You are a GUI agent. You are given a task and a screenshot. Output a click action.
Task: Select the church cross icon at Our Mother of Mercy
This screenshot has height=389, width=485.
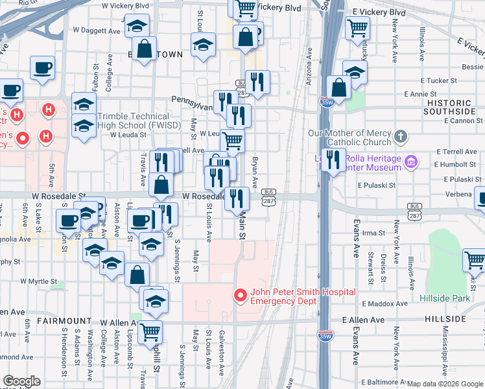[401, 137]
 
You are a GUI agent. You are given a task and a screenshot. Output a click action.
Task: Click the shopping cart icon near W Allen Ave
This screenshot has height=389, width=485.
[150, 331]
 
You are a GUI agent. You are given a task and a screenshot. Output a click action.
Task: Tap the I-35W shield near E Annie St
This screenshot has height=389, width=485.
[326, 102]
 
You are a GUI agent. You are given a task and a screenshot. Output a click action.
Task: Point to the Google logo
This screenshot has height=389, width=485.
[21, 381]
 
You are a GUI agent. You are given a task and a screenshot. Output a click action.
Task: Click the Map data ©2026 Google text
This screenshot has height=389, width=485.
[445, 384]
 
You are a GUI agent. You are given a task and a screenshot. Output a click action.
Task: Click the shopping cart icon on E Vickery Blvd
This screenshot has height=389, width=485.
[357, 28]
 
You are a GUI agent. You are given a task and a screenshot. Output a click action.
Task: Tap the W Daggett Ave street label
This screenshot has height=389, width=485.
[97, 30]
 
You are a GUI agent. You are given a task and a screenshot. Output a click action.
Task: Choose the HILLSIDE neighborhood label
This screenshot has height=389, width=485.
[445, 320]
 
